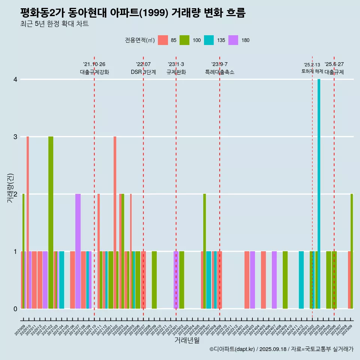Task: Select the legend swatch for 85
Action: [x=163, y=40]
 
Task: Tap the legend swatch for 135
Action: [x=209, y=40]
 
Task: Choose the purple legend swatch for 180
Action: [x=233, y=40]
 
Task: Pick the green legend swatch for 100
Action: [x=184, y=40]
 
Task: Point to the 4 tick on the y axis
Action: [x=15, y=79]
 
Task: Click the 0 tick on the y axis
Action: [x=15, y=309]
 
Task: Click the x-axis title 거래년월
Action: [x=187, y=340]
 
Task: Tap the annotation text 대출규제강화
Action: [x=94, y=72]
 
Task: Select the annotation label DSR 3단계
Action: [x=143, y=72]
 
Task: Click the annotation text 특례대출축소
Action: [x=220, y=72]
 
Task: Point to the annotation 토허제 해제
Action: [x=312, y=71]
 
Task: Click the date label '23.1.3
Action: [x=176, y=64]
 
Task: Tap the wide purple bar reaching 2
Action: [x=78, y=251]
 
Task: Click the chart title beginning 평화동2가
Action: [x=133, y=13]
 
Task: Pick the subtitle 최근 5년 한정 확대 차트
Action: [x=54, y=24]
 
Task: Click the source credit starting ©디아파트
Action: [x=281, y=349]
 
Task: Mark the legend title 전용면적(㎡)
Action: [x=140, y=40]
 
